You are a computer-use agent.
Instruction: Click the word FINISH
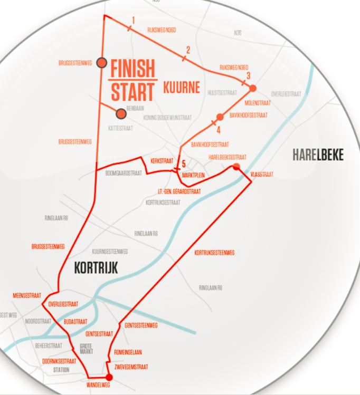click(x=133, y=69)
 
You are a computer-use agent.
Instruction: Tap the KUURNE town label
click(x=181, y=87)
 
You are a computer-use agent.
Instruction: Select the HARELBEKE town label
click(x=318, y=155)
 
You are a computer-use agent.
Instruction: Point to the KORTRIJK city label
click(x=96, y=268)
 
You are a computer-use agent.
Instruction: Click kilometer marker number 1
click(x=133, y=21)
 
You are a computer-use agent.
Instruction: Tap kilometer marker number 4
click(x=217, y=128)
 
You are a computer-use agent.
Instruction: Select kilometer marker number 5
click(x=184, y=163)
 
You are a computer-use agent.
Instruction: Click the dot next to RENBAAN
click(x=121, y=113)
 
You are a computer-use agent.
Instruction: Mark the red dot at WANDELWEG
click(x=109, y=377)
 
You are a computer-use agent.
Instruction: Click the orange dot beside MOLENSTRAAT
click(x=253, y=88)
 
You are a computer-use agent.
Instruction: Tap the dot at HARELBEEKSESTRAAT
click(x=236, y=167)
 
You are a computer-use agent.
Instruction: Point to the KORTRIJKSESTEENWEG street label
click(x=214, y=253)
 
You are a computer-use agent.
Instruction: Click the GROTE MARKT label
click(x=86, y=348)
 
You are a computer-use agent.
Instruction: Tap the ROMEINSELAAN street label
click(x=128, y=352)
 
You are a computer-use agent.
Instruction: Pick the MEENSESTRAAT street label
click(x=27, y=296)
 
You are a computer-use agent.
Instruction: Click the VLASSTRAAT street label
click(x=262, y=174)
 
